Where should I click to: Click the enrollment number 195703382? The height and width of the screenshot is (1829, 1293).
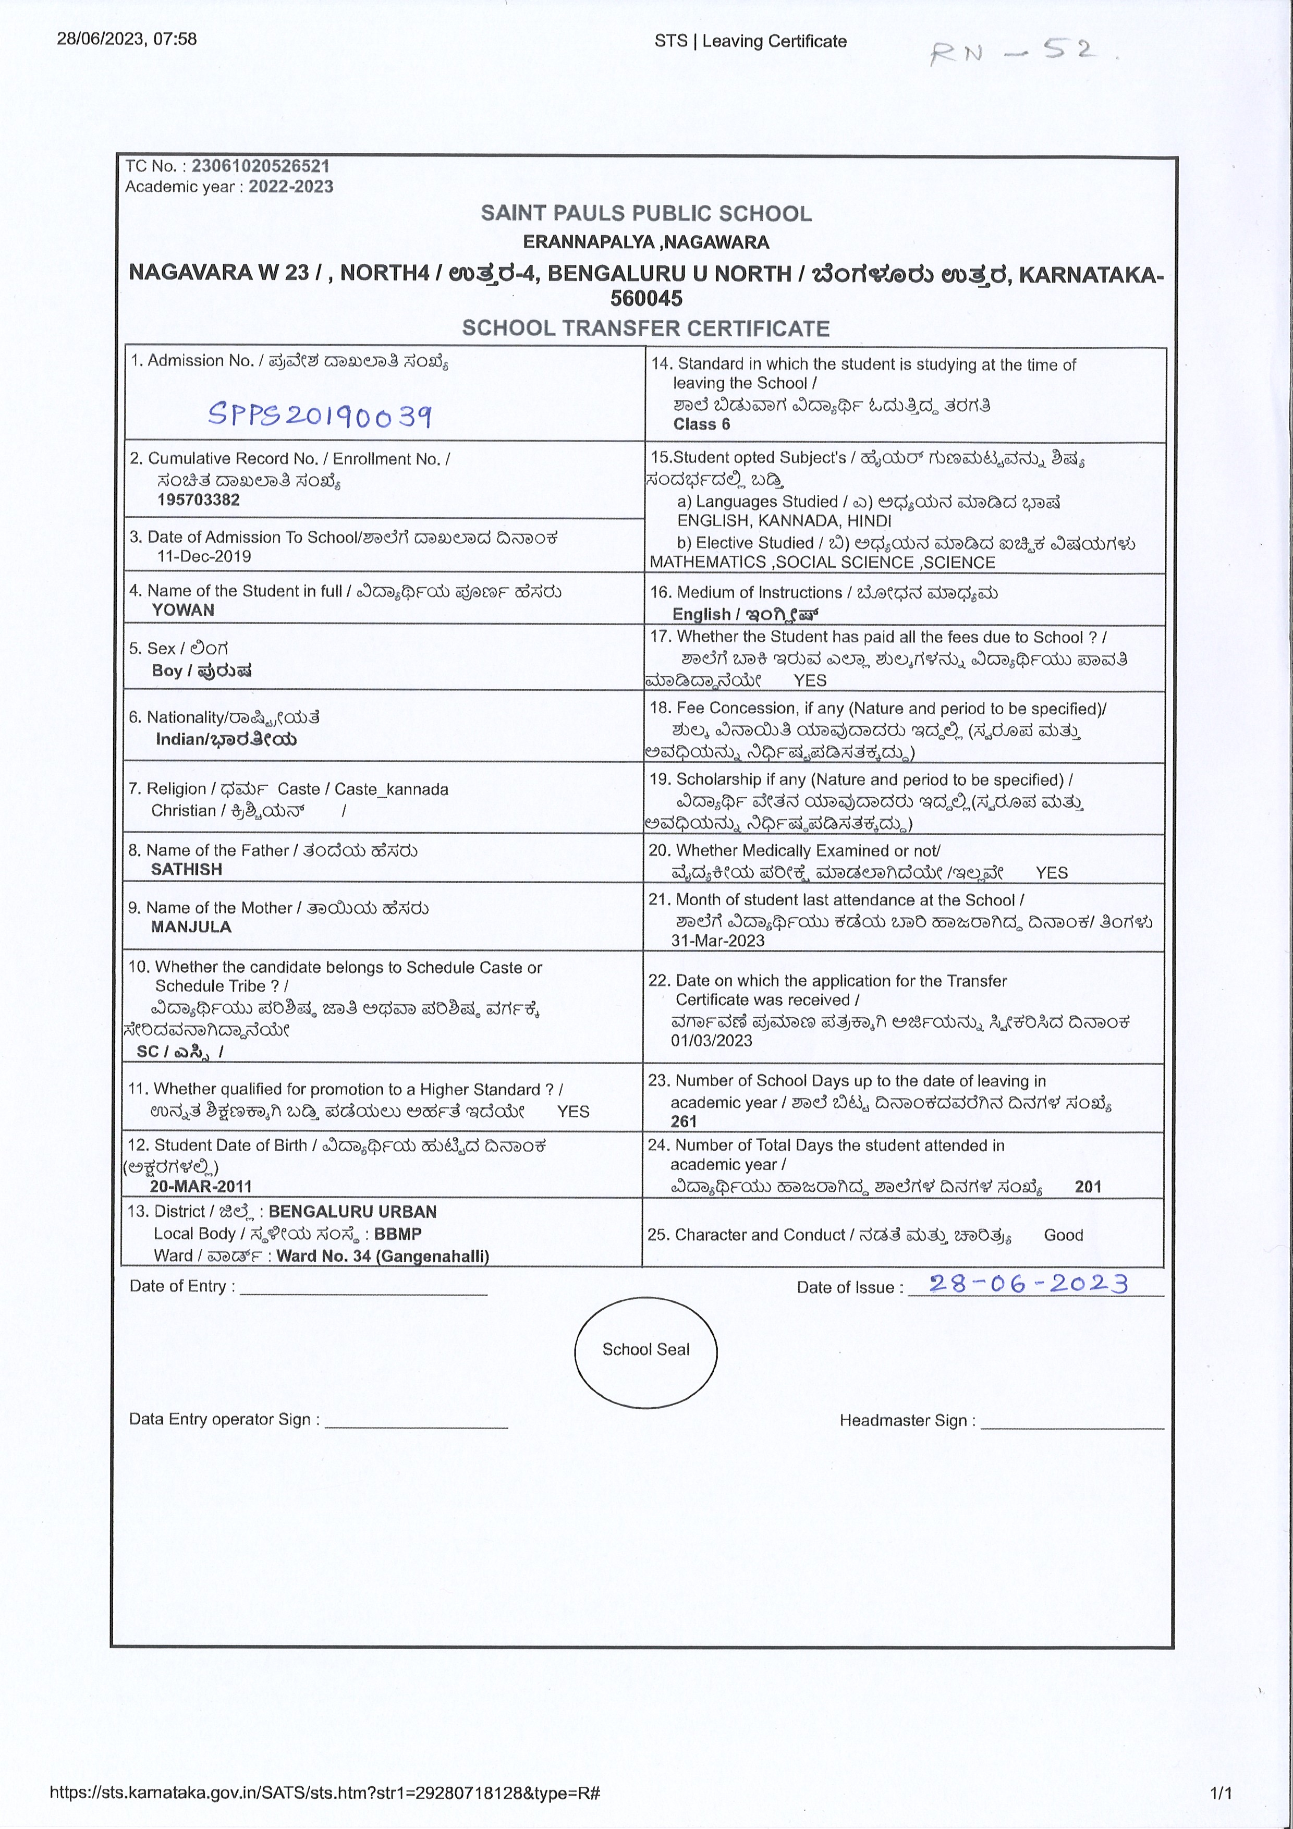point(198,499)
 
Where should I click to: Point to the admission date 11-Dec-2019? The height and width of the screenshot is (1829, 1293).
point(204,556)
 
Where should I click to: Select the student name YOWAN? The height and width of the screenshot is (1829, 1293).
point(182,610)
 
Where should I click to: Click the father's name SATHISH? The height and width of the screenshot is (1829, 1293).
point(187,869)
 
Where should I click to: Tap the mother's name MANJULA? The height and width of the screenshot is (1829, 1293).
point(191,927)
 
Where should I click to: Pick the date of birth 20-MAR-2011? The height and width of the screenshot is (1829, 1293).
point(201,1186)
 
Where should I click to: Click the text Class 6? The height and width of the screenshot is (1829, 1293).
point(701,424)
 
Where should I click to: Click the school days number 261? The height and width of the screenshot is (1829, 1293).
point(684,1121)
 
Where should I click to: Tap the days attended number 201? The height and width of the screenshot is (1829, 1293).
point(1088,1187)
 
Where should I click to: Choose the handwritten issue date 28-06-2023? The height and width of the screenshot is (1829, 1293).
point(1028,1283)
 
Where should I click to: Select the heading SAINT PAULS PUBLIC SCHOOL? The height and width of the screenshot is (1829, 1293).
point(646,213)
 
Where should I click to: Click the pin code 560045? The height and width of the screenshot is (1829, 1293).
point(646,299)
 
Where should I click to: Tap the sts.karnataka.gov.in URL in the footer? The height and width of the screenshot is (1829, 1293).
point(324,1793)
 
